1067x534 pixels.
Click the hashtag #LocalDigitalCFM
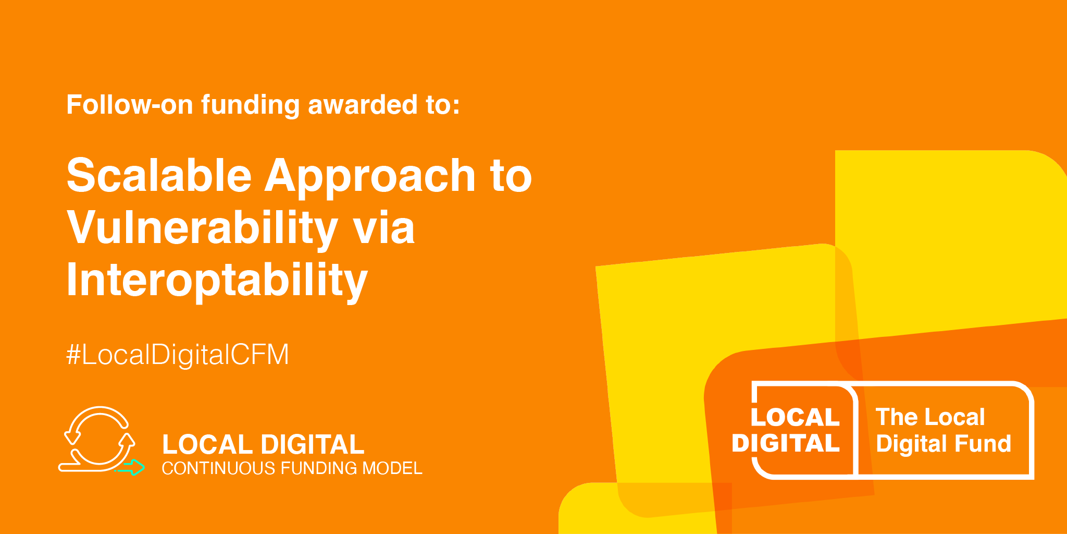click(x=178, y=355)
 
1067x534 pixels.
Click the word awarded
click(x=363, y=104)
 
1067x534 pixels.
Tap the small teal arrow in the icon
click(x=131, y=467)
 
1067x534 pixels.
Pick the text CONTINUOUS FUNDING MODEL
click(x=292, y=468)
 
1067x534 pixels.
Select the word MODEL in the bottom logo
click(x=392, y=468)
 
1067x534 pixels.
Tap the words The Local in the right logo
click(x=930, y=417)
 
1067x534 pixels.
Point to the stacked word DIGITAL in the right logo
click(x=786, y=444)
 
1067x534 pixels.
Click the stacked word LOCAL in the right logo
click(x=795, y=417)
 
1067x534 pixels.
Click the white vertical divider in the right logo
click(x=855, y=430)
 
